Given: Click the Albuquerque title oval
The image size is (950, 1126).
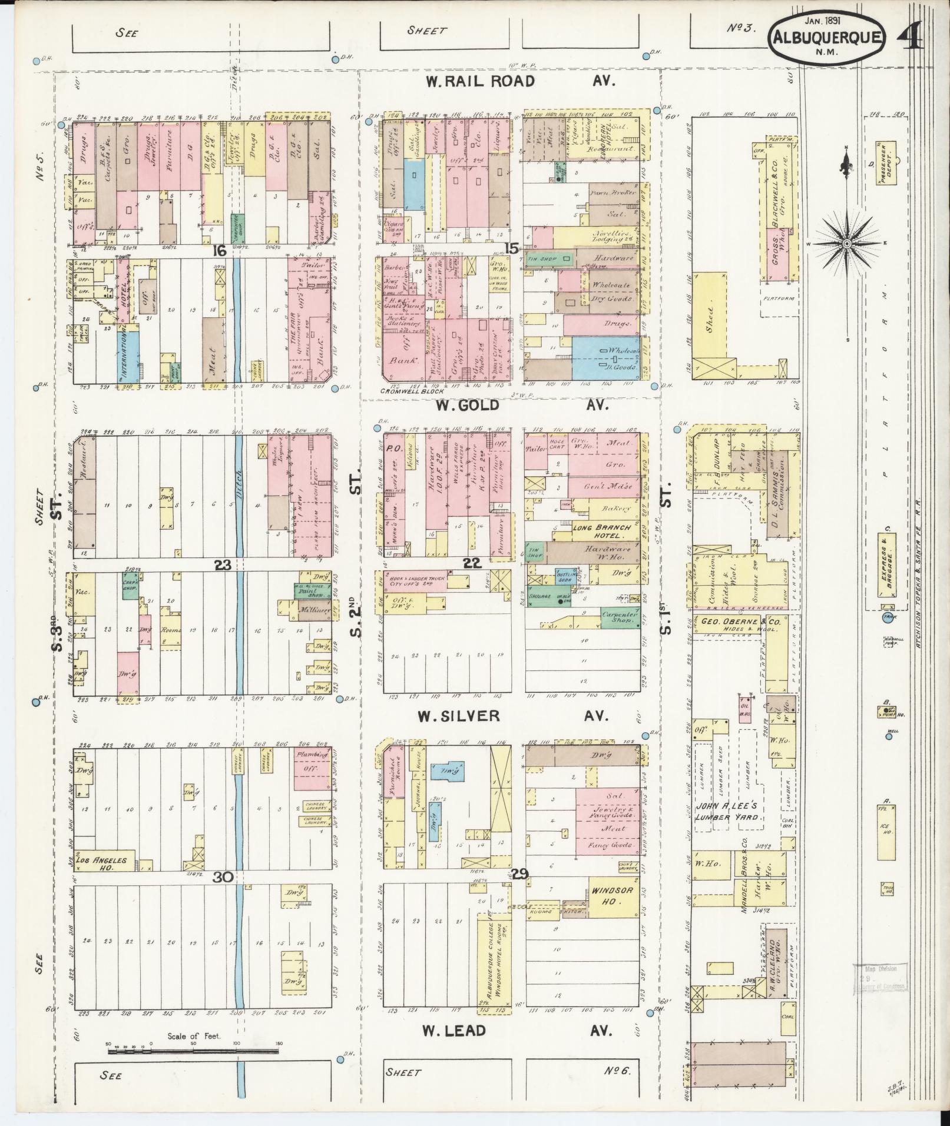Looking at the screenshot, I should point(826,37).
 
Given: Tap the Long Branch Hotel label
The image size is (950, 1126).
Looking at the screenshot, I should point(602,532).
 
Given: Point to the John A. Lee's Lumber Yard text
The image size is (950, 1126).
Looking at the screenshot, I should point(730,812).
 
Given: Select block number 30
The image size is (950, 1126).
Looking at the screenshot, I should point(223,877).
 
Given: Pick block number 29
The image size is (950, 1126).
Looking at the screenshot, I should point(520,873).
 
